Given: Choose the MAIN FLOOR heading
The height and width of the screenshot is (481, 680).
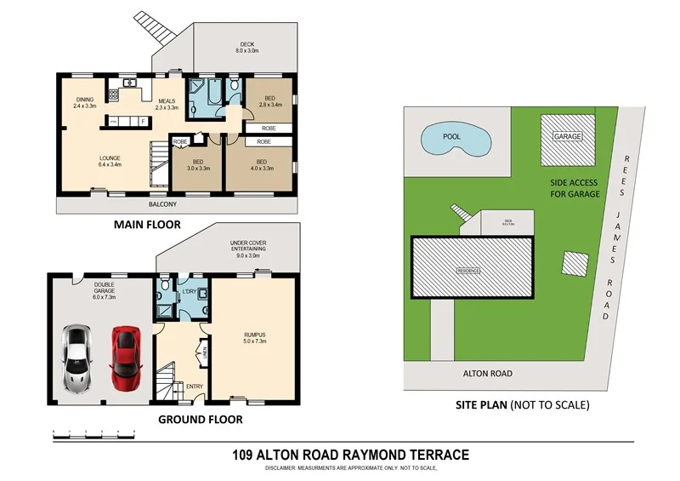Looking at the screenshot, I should [148, 226].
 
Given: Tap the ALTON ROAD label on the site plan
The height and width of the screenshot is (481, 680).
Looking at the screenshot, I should [487, 373].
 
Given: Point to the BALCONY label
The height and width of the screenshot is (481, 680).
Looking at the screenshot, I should [162, 204].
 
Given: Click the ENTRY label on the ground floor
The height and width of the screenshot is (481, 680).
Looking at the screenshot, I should [193, 386].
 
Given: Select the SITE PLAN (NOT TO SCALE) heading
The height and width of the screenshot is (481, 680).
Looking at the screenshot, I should [520, 404].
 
